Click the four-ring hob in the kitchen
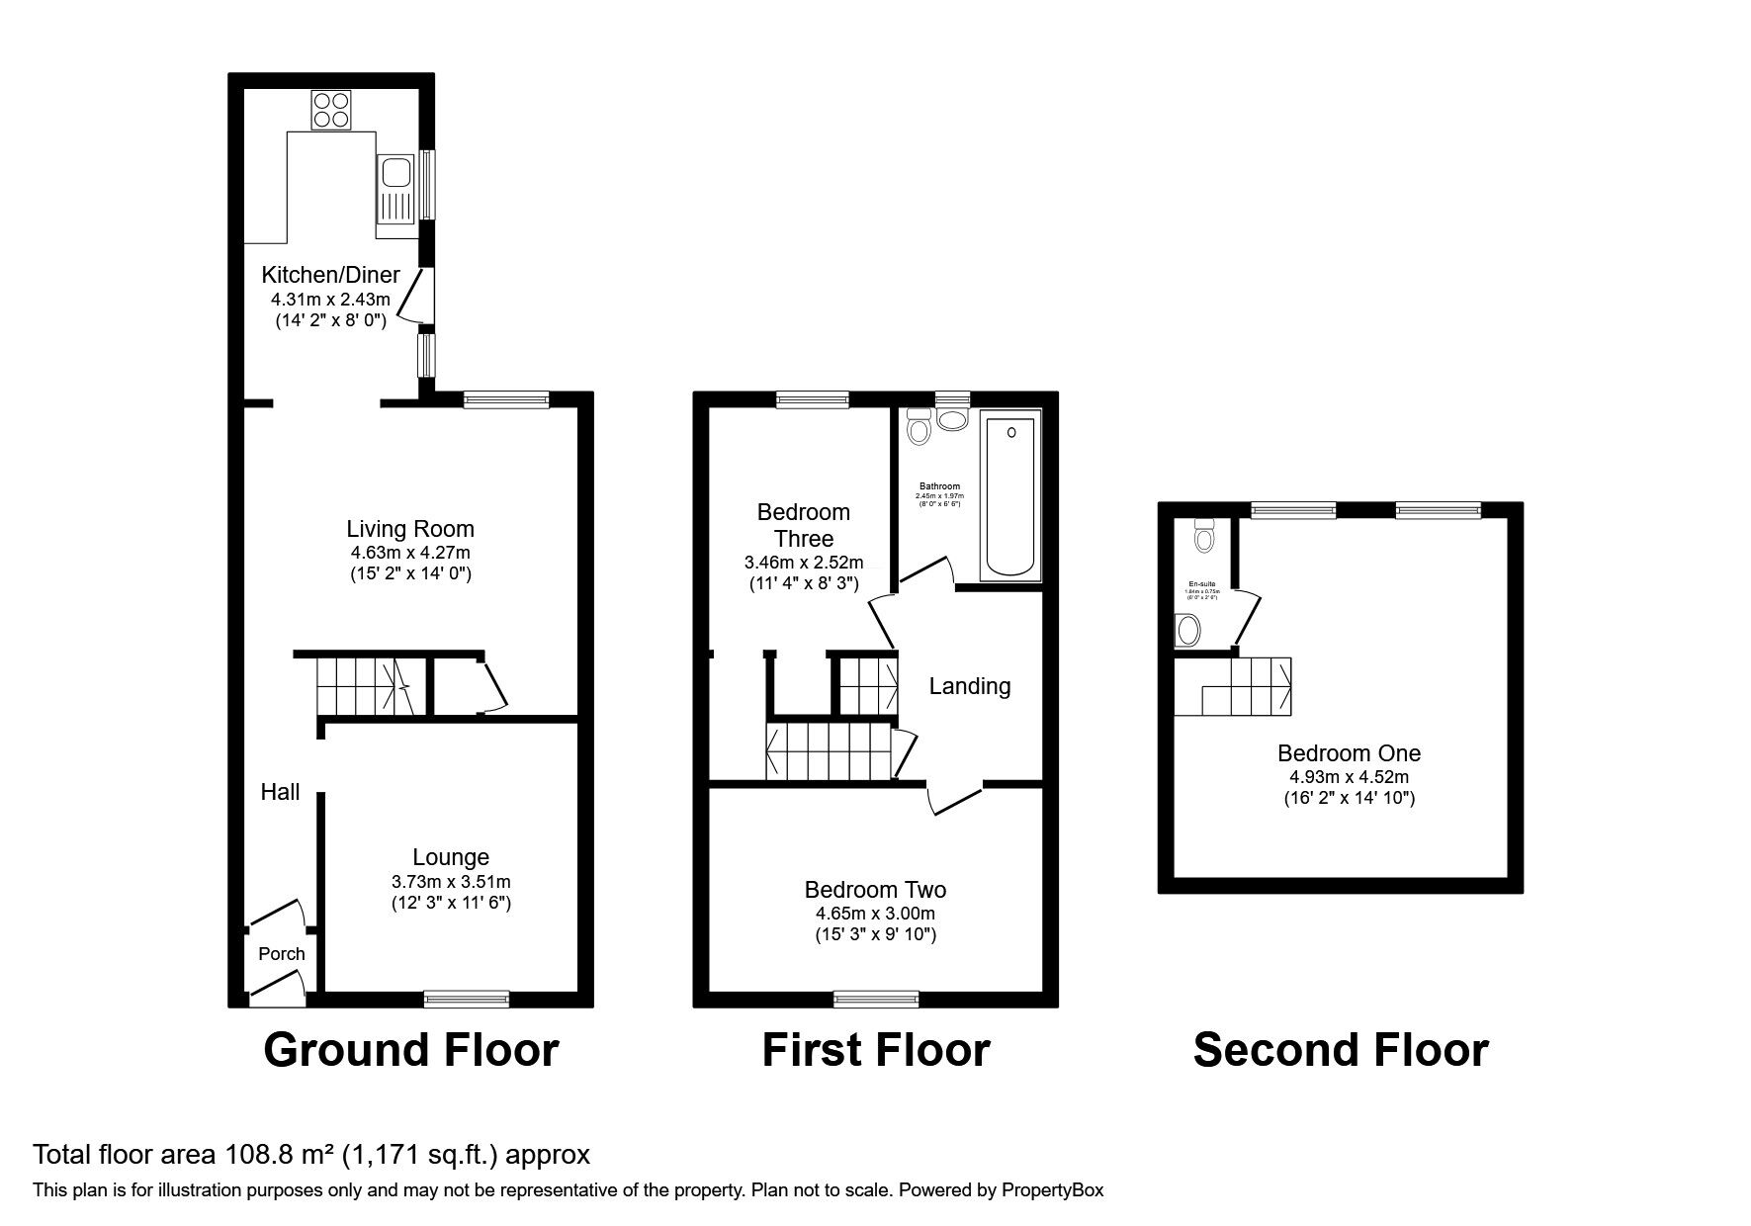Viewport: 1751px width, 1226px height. [331, 110]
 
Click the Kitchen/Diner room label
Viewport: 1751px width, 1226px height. [330, 275]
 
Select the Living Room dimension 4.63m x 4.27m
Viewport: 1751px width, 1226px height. [410, 553]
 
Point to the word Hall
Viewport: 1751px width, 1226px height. [280, 792]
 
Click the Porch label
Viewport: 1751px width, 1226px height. [282, 954]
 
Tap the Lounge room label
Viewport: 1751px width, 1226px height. [451, 857]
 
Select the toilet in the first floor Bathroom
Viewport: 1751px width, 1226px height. [919, 428]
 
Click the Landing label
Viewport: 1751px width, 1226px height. [970, 686]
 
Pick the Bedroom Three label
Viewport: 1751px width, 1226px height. [804, 525]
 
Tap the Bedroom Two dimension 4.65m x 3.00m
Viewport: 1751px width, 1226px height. [875, 914]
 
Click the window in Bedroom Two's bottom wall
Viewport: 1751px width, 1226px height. [876, 999]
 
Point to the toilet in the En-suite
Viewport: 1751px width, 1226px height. [1204, 535]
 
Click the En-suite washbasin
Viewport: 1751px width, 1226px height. [1188, 629]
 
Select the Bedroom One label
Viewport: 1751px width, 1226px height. [1349, 753]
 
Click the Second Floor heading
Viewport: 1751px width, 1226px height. [1341, 1050]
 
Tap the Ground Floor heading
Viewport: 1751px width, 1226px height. [411, 1050]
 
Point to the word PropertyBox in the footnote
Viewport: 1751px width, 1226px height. [1052, 1190]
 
